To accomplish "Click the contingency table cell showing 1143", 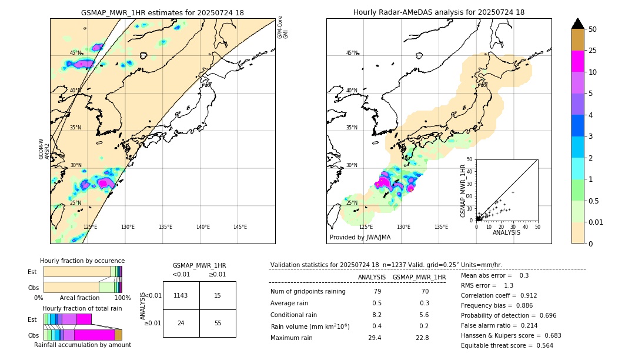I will pyautogui.click(x=181, y=295).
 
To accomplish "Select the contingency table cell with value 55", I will pyautogui.click(x=218, y=323).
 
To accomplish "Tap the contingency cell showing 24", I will pyautogui.click(x=181, y=323).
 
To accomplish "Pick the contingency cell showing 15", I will pyautogui.click(x=218, y=295).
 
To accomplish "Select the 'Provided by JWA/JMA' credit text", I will pyautogui.click(x=360, y=238).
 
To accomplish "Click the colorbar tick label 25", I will pyautogui.click(x=593, y=51).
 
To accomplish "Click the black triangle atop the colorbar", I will pyautogui.click(x=578, y=24).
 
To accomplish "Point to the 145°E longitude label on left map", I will pyautogui.click(x=240, y=227).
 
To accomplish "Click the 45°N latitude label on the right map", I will pyautogui.click(x=352, y=53).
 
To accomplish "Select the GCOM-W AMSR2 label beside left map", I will pyautogui.click(x=45, y=149).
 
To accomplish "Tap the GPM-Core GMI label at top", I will pyautogui.click(x=283, y=27).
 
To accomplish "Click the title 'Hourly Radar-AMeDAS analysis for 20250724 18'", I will pyautogui.click(x=439, y=12).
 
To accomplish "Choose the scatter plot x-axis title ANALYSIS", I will pyautogui.click(x=506, y=232).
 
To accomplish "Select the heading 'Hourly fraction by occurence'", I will pyautogui.click(x=82, y=261).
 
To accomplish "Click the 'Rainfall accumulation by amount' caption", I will pyautogui.click(x=82, y=345).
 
